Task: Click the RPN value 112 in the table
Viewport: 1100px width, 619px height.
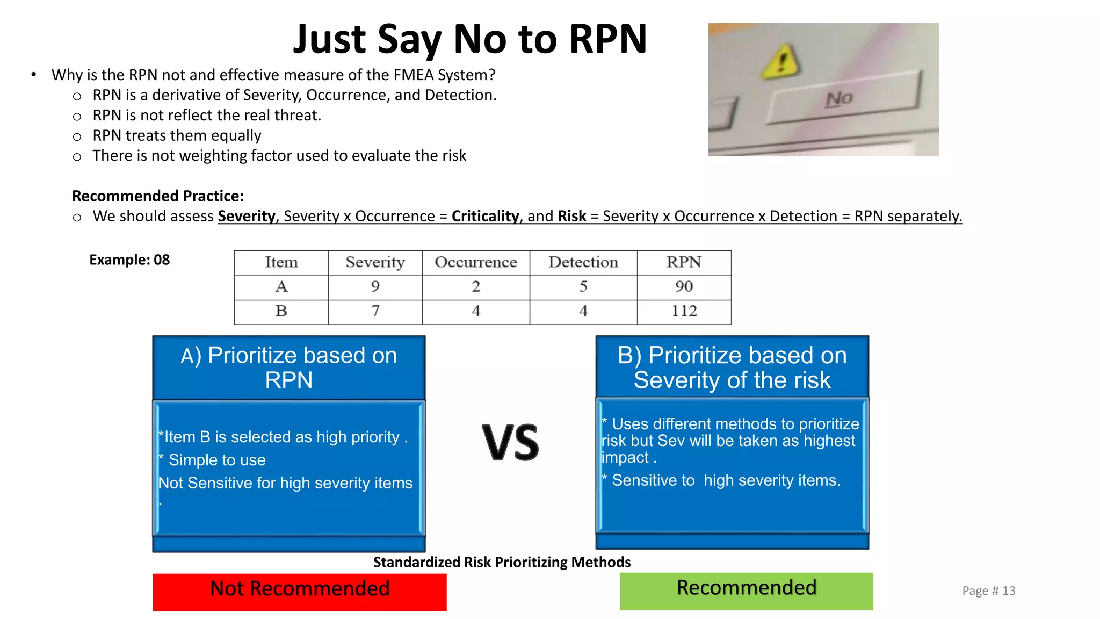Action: [x=684, y=311]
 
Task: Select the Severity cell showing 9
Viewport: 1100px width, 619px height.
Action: [x=375, y=287]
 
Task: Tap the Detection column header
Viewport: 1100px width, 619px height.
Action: [x=583, y=262]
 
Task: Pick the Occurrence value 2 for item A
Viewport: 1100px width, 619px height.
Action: [x=476, y=287]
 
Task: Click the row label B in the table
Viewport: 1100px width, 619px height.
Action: [x=281, y=311]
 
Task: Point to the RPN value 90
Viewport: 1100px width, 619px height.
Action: [x=684, y=287]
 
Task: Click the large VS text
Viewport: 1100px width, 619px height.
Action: [x=510, y=443]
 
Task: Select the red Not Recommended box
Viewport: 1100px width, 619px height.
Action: [x=299, y=592]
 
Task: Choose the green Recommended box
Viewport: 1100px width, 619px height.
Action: [x=746, y=591]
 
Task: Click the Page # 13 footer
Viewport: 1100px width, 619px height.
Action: [x=988, y=591]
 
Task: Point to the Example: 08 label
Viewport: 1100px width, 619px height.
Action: [x=129, y=260]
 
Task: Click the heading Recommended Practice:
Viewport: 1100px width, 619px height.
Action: [x=158, y=196]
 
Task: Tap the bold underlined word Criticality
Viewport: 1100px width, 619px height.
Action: [x=485, y=216]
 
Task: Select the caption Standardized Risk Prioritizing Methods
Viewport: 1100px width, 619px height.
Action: [x=502, y=562]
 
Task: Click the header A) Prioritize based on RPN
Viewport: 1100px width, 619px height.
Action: [x=289, y=368]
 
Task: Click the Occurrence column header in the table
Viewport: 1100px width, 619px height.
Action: [x=476, y=262]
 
